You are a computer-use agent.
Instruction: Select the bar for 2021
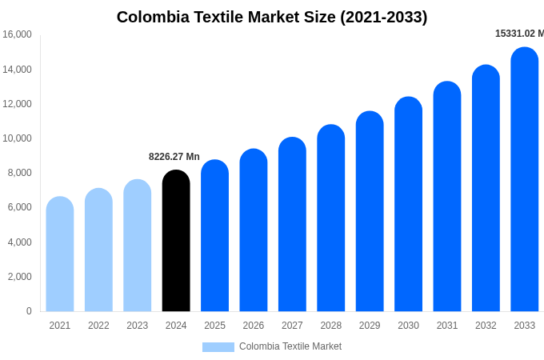click(x=60, y=254)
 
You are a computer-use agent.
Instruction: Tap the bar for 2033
click(x=525, y=179)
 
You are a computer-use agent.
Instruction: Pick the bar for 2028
click(x=331, y=218)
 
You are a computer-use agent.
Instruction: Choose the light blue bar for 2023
click(x=138, y=245)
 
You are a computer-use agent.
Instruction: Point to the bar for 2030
click(x=408, y=204)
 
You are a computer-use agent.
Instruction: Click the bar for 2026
click(x=254, y=230)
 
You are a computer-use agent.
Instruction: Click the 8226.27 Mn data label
click(x=174, y=157)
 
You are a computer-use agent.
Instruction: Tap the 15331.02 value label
click(x=519, y=34)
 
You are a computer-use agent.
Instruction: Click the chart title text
click(x=272, y=17)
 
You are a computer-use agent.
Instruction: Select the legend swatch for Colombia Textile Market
click(x=218, y=347)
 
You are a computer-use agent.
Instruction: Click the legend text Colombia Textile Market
click(x=290, y=346)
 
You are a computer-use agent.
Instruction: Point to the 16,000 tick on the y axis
click(x=17, y=34)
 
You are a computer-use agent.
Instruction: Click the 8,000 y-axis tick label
click(x=19, y=173)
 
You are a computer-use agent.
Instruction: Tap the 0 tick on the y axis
click(x=29, y=311)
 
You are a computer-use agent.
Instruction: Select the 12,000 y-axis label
click(x=17, y=104)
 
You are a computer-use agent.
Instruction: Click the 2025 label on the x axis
click(x=214, y=326)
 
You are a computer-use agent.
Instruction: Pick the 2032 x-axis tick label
click(x=486, y=326)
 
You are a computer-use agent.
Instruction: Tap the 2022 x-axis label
click(x=98, y=326)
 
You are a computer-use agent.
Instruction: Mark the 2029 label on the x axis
click(x=370, y=326)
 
